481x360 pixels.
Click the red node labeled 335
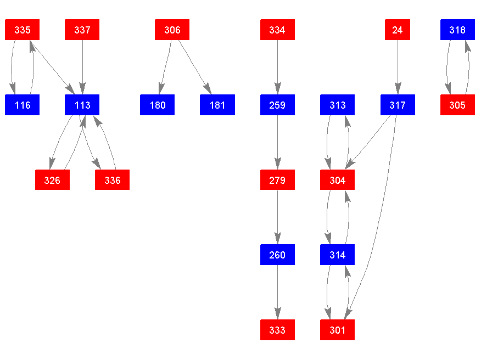[23, 30]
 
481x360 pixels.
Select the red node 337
[82, 30]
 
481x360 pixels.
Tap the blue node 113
[82, 105]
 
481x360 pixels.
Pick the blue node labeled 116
[23, 105]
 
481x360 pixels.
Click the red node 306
[172, 30]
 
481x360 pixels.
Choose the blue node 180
[158, 105]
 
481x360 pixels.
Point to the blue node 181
[217, 105]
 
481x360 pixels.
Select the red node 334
[277, 30]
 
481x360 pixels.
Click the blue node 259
[277, 105]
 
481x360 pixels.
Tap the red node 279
[277, 180]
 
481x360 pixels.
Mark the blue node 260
[277, 255]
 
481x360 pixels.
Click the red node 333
[277, 330]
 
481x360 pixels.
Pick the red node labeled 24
[398, 30]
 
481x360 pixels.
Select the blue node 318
[457, 30]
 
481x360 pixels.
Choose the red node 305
[457, 105]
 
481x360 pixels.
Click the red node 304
[338, 180]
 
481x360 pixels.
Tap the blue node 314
[338, 255]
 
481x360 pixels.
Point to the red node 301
[338, 330]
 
